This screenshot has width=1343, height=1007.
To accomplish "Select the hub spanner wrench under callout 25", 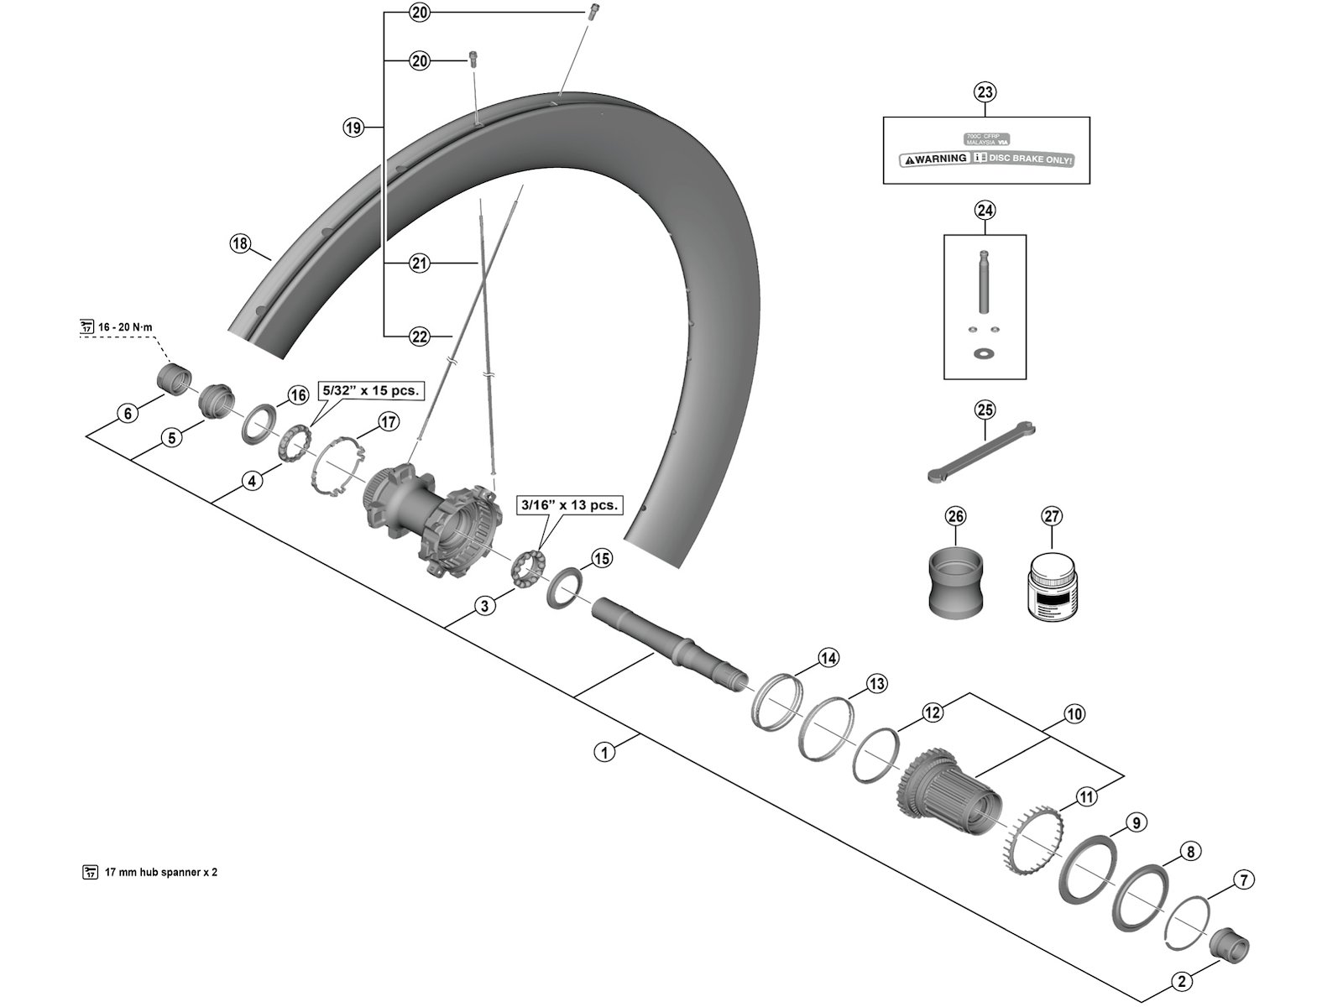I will [x=980, y=454].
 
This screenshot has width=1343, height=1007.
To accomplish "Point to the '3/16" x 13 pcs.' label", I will [x=570, y=505].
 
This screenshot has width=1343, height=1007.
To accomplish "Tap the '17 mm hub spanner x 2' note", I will [x=159, y=872].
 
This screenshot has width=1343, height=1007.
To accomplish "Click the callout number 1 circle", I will [x=604, y=751].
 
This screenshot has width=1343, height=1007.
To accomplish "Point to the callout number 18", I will [x=240, y=244].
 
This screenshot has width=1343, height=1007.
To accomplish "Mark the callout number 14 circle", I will [x=828, y=658].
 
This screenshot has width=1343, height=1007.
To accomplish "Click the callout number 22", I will [x=420, y=337].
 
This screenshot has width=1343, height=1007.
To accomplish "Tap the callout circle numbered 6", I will [x=128, y=413].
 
